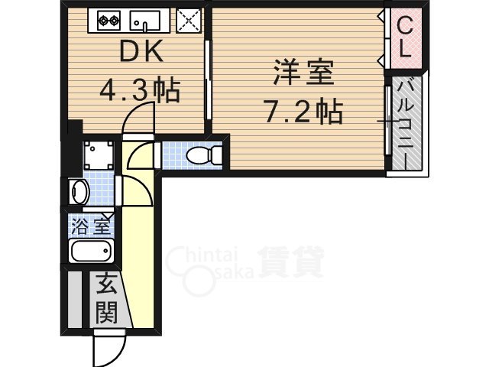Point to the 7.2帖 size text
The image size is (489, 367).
(303, 113)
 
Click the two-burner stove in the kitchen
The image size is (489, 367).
(105, 19)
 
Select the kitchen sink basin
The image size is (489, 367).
(146, 20)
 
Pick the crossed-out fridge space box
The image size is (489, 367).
(187, 20)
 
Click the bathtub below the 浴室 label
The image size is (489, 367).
(91, 251)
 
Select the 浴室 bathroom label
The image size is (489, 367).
(91, 226)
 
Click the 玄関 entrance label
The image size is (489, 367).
(106, 299)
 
